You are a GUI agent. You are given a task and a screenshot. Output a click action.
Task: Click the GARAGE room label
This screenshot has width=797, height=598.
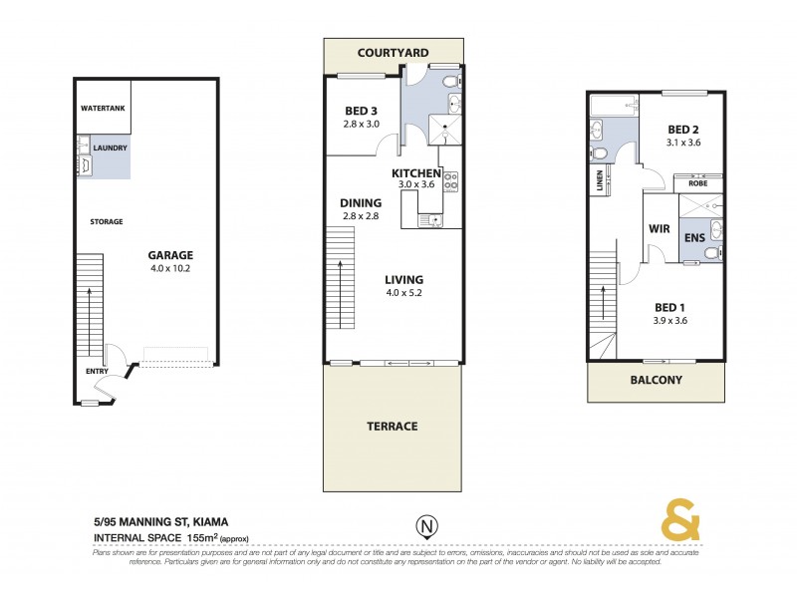pos(170,254)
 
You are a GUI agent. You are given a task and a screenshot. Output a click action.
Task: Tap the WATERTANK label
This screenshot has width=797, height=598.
pos(103,108)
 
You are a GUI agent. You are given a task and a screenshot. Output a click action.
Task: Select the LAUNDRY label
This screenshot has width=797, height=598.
pos(111,149)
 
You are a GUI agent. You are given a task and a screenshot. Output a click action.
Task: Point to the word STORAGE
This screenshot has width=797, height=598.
pos(106,221)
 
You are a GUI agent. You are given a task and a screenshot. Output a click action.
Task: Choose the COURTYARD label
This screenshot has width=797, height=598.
pos(393,52)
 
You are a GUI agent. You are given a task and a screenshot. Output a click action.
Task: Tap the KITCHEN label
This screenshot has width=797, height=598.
pos(416,173)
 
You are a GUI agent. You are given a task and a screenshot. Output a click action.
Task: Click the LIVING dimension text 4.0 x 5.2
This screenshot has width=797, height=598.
pos(403,293)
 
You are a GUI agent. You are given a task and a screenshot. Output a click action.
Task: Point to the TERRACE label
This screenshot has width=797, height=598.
pos(393,426)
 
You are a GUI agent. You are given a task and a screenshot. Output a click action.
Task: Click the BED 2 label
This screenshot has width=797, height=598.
pos(683,130)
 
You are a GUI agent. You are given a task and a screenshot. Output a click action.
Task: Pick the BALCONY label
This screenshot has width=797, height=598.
pos(656,380)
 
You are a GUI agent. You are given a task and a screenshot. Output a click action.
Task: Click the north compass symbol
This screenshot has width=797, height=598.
pos(425,525)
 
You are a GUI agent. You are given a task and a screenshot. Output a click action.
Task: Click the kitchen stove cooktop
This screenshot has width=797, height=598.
pos(449,180)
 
